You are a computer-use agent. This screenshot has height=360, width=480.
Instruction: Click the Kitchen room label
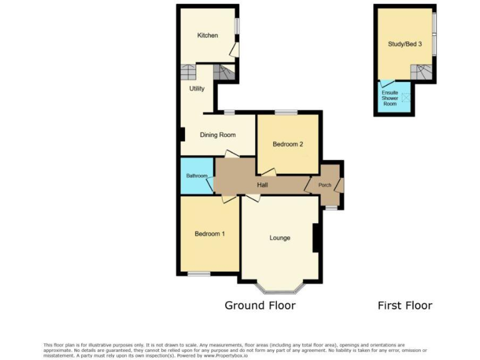point(207,36)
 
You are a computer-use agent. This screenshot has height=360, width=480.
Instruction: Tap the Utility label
point(197,89)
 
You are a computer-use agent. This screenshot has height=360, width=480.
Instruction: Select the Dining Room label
point(217,135)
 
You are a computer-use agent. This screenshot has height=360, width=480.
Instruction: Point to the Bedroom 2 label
point(287,144)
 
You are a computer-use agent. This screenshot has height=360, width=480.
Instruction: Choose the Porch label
point(325,185)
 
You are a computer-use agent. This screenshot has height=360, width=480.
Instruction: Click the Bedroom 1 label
point(209,234)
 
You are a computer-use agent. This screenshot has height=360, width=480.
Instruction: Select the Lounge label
point(279,237)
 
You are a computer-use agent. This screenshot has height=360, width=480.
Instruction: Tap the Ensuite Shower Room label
point(390,98)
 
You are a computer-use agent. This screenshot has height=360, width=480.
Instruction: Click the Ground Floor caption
point(260,306)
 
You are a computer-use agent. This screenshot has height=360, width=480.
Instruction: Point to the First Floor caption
point(404,306)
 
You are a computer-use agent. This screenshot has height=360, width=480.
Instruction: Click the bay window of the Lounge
point(279,289)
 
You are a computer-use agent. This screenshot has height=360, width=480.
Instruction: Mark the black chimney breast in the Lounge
point(317,237)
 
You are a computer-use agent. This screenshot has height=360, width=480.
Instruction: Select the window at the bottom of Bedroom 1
point(199,273)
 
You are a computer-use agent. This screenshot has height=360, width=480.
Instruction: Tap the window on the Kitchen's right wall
point(237,26)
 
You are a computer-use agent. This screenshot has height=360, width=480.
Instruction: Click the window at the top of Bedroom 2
point(286,112)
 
